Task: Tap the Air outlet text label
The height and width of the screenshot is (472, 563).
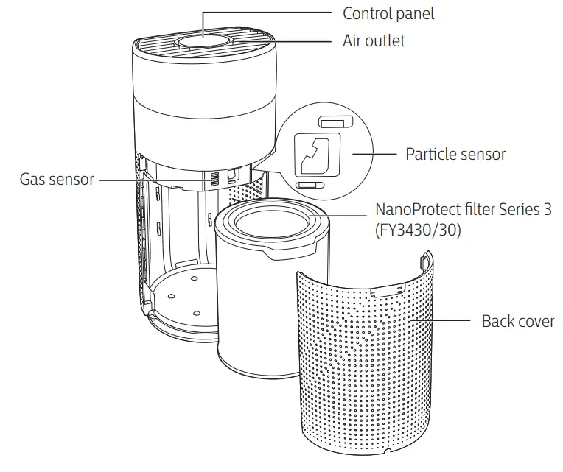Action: click(374, 40)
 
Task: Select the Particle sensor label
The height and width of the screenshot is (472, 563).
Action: click(455, 154)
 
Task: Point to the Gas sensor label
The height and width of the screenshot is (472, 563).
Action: click(57, 179)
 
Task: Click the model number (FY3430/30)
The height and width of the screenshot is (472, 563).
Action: click(419, 230)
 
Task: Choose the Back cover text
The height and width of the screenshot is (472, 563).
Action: click(518, 321)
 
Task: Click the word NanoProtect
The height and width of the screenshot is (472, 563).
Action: click(416, 209)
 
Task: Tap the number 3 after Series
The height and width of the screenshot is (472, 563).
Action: click(547, 209)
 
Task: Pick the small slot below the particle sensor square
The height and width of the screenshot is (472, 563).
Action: click(307, 184)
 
